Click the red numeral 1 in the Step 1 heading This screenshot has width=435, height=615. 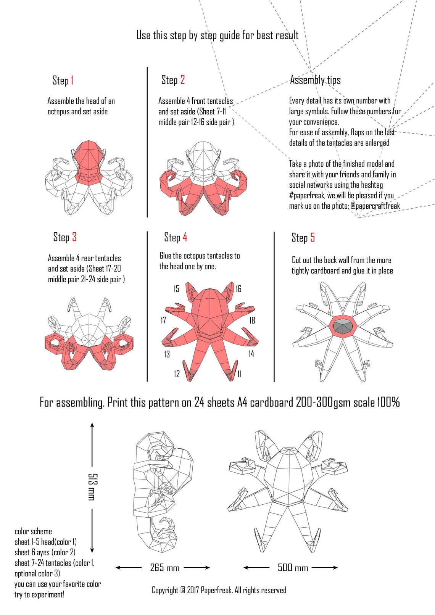[x=72, y=80]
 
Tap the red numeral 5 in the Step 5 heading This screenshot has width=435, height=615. [x=313, y=237]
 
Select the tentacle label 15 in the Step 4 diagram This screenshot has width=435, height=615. [x=176, y=289]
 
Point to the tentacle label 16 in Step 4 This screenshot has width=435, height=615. [x=238, y=289]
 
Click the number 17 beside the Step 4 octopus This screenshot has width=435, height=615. [x=163, y=320]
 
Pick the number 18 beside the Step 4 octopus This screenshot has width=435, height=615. [x=252, y=320]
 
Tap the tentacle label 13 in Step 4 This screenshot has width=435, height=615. [x=167, y=354]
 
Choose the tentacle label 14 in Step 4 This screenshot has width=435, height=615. [x=251, y=354]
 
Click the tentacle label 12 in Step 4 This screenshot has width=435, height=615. [x=177, y=374]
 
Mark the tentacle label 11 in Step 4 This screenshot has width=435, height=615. [x=239, y=374]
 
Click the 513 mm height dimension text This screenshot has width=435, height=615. [x=92, y=486]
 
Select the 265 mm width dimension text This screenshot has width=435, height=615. [x=165, y=568]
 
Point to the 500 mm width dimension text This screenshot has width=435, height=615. [x=293, y=568]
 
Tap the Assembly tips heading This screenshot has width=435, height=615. [x=315, y=80]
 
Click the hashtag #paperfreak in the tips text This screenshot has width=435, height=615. [x=307, y=196]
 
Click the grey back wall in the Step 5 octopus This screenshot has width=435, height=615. [x=343, y=326]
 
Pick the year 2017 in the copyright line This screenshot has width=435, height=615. [x=193, y=590]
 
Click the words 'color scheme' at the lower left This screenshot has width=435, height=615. [x=33, y=531]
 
